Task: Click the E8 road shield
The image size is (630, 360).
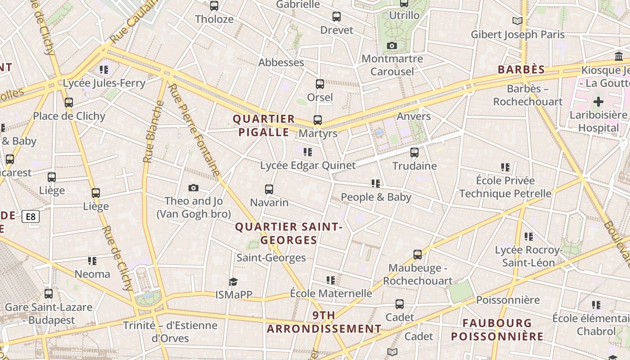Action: coord(31,217)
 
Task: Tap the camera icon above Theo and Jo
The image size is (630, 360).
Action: coord(193,188)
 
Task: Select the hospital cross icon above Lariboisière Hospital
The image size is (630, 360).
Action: coord(598,102)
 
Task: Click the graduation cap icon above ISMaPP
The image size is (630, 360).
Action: coord(233,282)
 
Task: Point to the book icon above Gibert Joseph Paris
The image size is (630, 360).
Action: coord(517,21)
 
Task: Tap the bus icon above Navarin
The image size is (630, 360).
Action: coord(269,189)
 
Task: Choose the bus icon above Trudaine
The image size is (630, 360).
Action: coord(414,153)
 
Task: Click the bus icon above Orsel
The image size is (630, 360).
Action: coord(320,84)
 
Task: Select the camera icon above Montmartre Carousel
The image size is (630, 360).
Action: coord(392,45)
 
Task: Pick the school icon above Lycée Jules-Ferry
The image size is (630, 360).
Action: coord(104,70)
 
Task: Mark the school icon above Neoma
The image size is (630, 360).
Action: coord(92,261)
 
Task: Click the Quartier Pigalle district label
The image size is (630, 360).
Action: coord(264,126)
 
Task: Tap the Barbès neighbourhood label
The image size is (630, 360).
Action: coord(521,70)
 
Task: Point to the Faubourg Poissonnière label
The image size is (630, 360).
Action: coord(497,329)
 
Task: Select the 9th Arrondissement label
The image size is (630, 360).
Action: coord(324,322)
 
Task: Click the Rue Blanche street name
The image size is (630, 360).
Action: coord(153,132)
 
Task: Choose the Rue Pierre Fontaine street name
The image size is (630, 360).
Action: coord(194,130)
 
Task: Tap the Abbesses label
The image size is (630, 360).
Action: coord(281,63)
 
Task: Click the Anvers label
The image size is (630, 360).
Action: coord(414,117)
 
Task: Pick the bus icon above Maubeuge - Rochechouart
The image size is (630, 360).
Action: coord(418,255)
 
